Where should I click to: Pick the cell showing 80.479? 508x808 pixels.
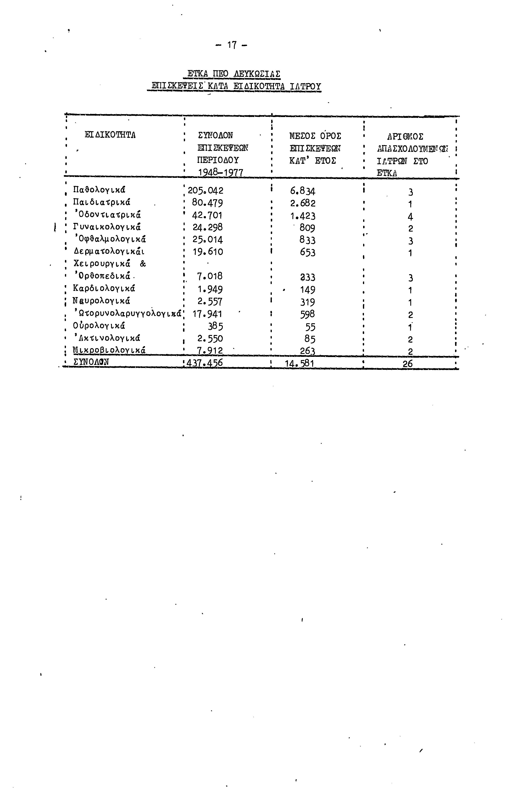click(x=207, y=203)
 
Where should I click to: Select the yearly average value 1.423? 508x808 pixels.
click(x=303, y=216)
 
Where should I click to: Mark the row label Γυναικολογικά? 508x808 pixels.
click(x=106, y=227)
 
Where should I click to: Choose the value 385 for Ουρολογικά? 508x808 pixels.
click(x=215, y=326)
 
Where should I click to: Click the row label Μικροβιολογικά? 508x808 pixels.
click(x=109, y=350)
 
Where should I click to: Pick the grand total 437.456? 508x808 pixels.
click(x=205, y=363)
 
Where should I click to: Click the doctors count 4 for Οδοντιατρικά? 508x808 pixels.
click(x=410, y=217)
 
